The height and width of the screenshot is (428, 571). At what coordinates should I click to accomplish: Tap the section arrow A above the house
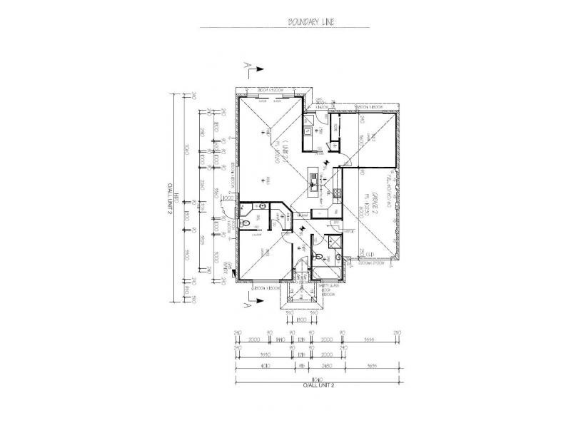pos(253,68)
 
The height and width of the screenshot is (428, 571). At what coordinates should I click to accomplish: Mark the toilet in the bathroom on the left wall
pos(246,223)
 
